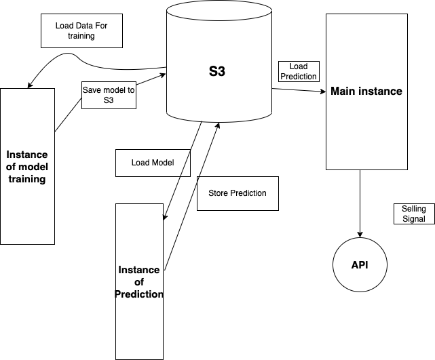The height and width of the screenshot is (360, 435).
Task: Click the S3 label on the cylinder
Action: [x=217, y=72]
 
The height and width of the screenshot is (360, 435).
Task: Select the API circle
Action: [x=359, y=264]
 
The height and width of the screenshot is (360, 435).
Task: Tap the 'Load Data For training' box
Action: [x=81, y=31]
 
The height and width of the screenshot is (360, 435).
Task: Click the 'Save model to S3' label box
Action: [x=109, y=95]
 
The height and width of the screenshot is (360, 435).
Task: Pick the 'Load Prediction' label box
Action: [x=298, y=71]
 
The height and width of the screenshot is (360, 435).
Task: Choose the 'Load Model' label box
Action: [x=152, y=163]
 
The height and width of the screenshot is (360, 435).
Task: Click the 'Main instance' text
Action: [x=366, y=91]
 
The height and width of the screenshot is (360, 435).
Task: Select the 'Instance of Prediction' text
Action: [x=139, y=281]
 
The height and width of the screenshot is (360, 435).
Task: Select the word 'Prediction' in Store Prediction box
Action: [x=247, y=193]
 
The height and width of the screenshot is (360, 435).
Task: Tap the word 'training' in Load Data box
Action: [x=81, y=36]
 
